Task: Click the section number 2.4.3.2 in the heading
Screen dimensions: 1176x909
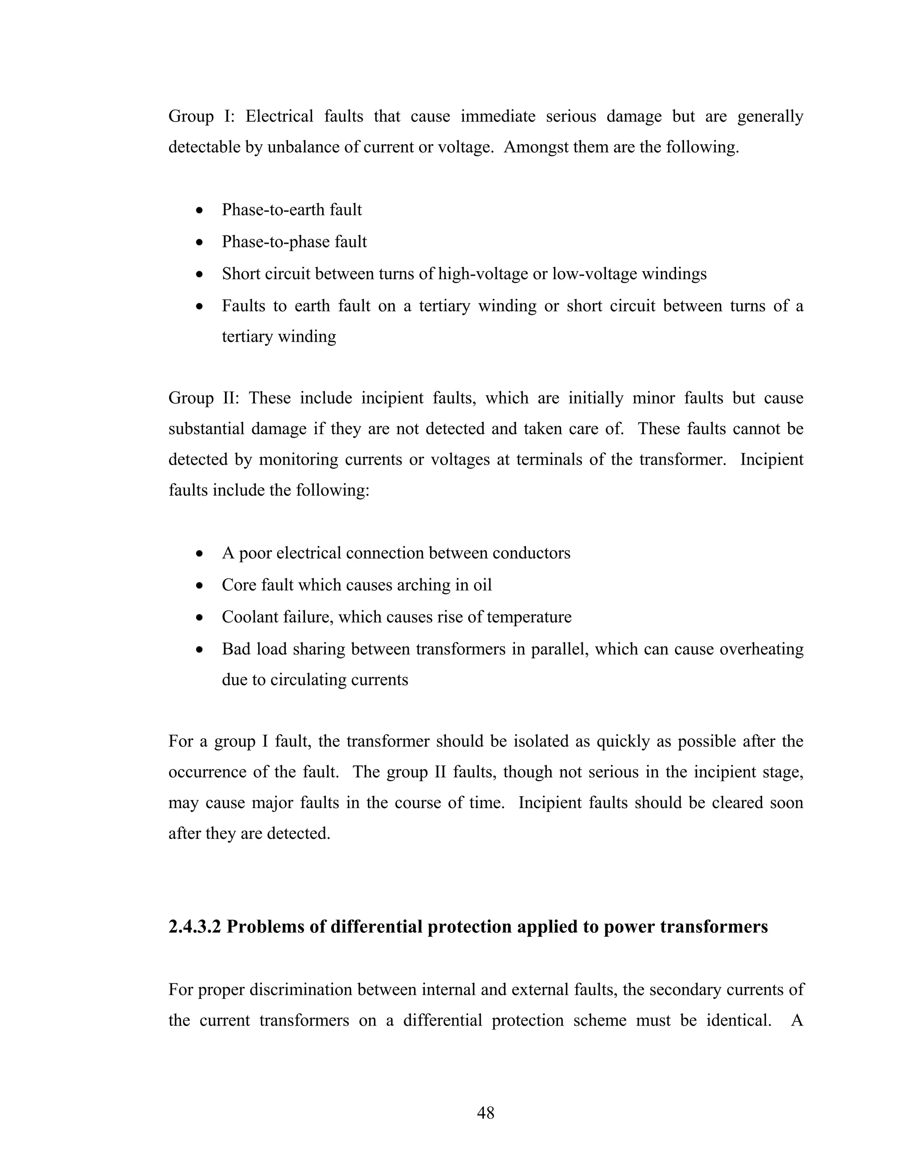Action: [194, 926]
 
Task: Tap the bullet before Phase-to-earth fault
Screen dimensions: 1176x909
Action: [200, 210]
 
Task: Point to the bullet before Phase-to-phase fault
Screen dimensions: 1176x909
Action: [200, 243]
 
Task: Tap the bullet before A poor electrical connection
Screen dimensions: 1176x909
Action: [200, 553]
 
